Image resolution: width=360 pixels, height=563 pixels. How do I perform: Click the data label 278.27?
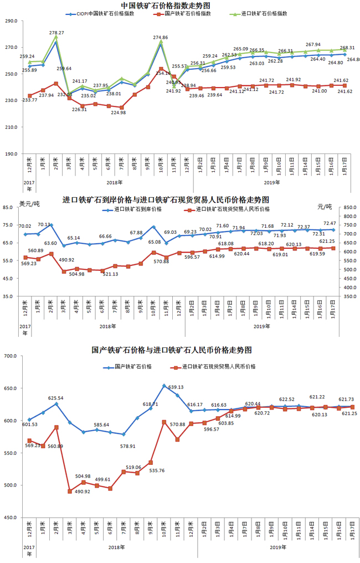tap(56, 33)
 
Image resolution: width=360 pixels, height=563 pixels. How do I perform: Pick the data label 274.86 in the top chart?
tap(160, 37)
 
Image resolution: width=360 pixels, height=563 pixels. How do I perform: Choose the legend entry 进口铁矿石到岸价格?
tap(138, 209)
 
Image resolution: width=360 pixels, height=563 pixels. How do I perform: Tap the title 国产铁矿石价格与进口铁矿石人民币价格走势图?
tap(172, 350)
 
